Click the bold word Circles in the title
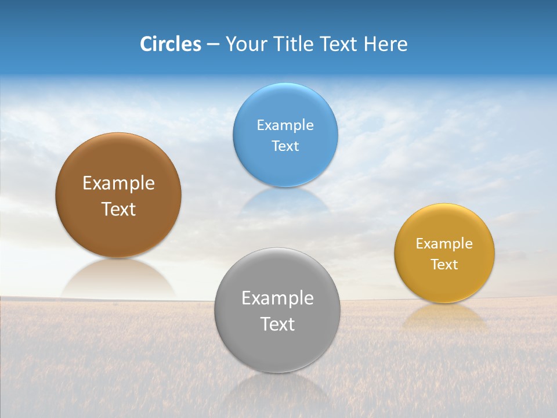point(170,44)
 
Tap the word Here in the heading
point(386,44)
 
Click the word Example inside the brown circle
point(118,183)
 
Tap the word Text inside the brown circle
point(118,209)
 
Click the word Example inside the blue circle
point(285,125)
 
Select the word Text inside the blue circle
point(285,146)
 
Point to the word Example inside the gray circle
point(277,298)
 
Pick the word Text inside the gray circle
point(277,324)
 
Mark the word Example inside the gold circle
point(444,243)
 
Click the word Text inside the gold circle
point(444,265)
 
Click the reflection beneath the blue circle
point(285,200)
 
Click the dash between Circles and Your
point(213,44)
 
